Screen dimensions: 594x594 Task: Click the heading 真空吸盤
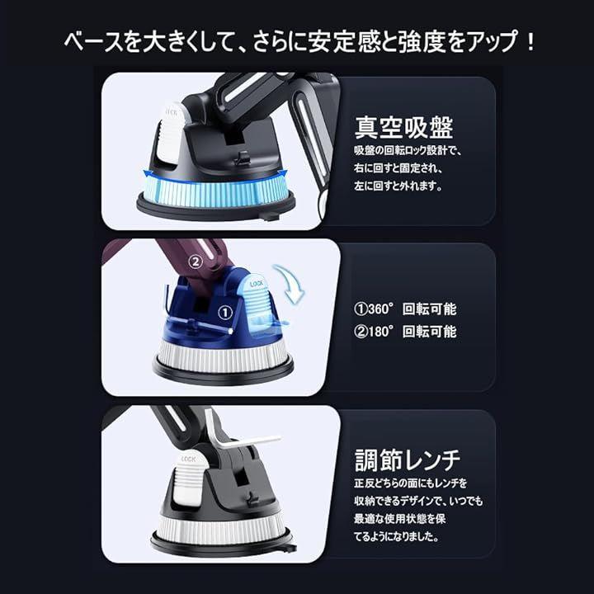click(403, 127)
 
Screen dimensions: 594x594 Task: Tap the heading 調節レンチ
click(408, 460)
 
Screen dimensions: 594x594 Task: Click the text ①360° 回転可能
click(405, 309)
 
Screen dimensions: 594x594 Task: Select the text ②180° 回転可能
click(405, 332)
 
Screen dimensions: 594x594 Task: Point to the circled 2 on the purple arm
click(196, 262)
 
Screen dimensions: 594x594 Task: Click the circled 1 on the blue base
click(225, 313)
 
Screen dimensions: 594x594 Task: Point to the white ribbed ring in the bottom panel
click(221, 528)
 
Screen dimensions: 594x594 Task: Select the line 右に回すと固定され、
click(398, 167)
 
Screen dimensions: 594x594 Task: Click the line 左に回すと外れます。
click(398, 186)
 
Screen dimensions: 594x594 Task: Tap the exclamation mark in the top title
click(530, 42)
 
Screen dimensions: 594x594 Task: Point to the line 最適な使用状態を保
click(399, 518)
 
